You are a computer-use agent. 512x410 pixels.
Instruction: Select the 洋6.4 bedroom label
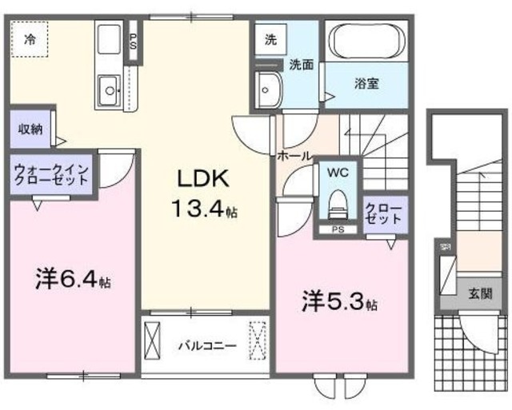[73, 281]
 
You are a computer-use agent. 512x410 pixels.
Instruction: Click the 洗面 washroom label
[301, 64]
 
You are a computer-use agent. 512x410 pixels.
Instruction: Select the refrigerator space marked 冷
[30, 38]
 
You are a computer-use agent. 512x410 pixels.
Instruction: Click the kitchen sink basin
[107, 87]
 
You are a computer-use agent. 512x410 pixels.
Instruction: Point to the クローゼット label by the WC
[381, 213]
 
